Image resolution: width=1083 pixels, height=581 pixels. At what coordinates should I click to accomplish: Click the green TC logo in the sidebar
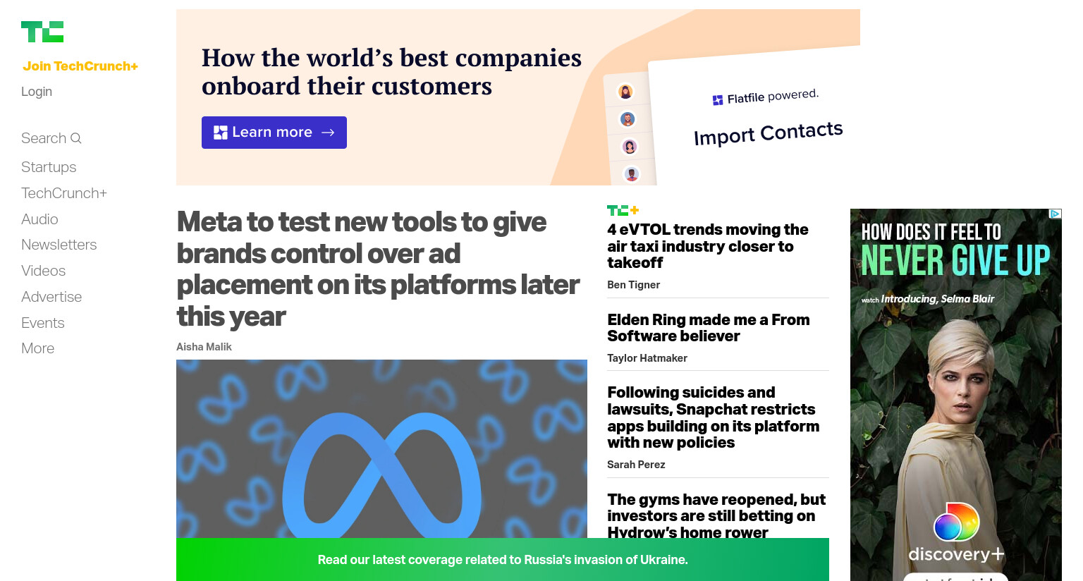click(42, 32)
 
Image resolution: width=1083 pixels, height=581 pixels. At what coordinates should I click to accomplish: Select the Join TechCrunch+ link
click(80, 66)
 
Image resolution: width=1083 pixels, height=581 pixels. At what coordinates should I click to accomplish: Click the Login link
click(37, 92)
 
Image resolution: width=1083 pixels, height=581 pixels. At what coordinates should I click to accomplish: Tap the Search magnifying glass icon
click(76, 139)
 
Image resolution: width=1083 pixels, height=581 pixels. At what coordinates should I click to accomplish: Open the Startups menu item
click(49, 167)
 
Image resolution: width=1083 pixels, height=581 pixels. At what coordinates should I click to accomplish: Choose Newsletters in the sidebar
click(59, 245)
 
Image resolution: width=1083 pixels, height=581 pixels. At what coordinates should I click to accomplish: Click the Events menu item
click(43, 323)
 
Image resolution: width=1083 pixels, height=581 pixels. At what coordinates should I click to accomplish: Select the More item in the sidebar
click(37, 348)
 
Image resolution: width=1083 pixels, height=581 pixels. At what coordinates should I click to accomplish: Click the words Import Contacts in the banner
click(769, 133)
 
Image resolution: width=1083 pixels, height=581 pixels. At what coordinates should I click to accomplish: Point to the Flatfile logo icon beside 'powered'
click(718, 100)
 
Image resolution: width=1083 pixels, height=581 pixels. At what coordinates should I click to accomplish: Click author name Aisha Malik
click(204, 347)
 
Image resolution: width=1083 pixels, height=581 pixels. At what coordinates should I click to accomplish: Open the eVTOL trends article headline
click(708, 246)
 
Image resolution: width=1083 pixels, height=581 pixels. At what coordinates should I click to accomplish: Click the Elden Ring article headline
click(709, 328)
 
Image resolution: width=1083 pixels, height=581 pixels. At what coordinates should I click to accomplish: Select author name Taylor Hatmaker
click(647, 358)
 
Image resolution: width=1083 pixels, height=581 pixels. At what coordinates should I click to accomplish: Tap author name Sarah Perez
click(636, 465)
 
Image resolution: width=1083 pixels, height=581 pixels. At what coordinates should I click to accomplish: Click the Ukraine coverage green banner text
click(503, 560)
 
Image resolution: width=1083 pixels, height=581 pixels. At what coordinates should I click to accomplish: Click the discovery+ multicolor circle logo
click(956, 522)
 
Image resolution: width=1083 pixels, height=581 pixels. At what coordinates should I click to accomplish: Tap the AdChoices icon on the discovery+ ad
click(1055, 214)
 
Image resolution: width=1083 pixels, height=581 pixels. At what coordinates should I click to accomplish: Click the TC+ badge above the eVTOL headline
click(623, 210)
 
